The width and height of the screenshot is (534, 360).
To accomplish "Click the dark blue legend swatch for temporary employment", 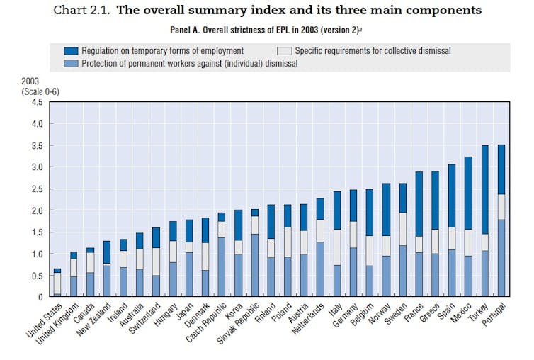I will click(70, 51).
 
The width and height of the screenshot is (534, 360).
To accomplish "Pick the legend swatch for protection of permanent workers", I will click(70, 62).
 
